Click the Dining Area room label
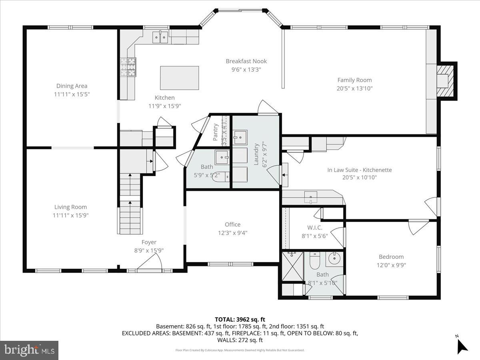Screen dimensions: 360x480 click(x=72, y=86)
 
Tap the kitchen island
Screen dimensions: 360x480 click(x=179, y=78)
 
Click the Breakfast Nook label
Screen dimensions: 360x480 click(x=246, y=61)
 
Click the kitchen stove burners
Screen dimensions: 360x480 click(x=128, y=67)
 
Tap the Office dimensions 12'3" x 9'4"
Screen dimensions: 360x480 click(x=232, y=233)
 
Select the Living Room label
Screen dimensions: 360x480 click(x=70, y=207)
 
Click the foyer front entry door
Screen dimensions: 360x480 click(x=150, y=264)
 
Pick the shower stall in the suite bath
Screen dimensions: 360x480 click(x=292, y=266)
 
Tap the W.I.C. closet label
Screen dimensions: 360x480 click(x=314, y=227)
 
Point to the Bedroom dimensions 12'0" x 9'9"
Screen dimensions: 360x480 click(x=391, y=265)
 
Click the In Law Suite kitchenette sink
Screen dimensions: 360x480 click(x=311, y=197)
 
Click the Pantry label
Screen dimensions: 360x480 click(x=216, y=132)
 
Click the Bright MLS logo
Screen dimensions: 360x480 click(x=29, y=350)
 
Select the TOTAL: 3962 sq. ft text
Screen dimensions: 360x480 click(x=240, y=319)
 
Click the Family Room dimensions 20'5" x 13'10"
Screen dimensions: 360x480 click(x=354, y=88)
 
